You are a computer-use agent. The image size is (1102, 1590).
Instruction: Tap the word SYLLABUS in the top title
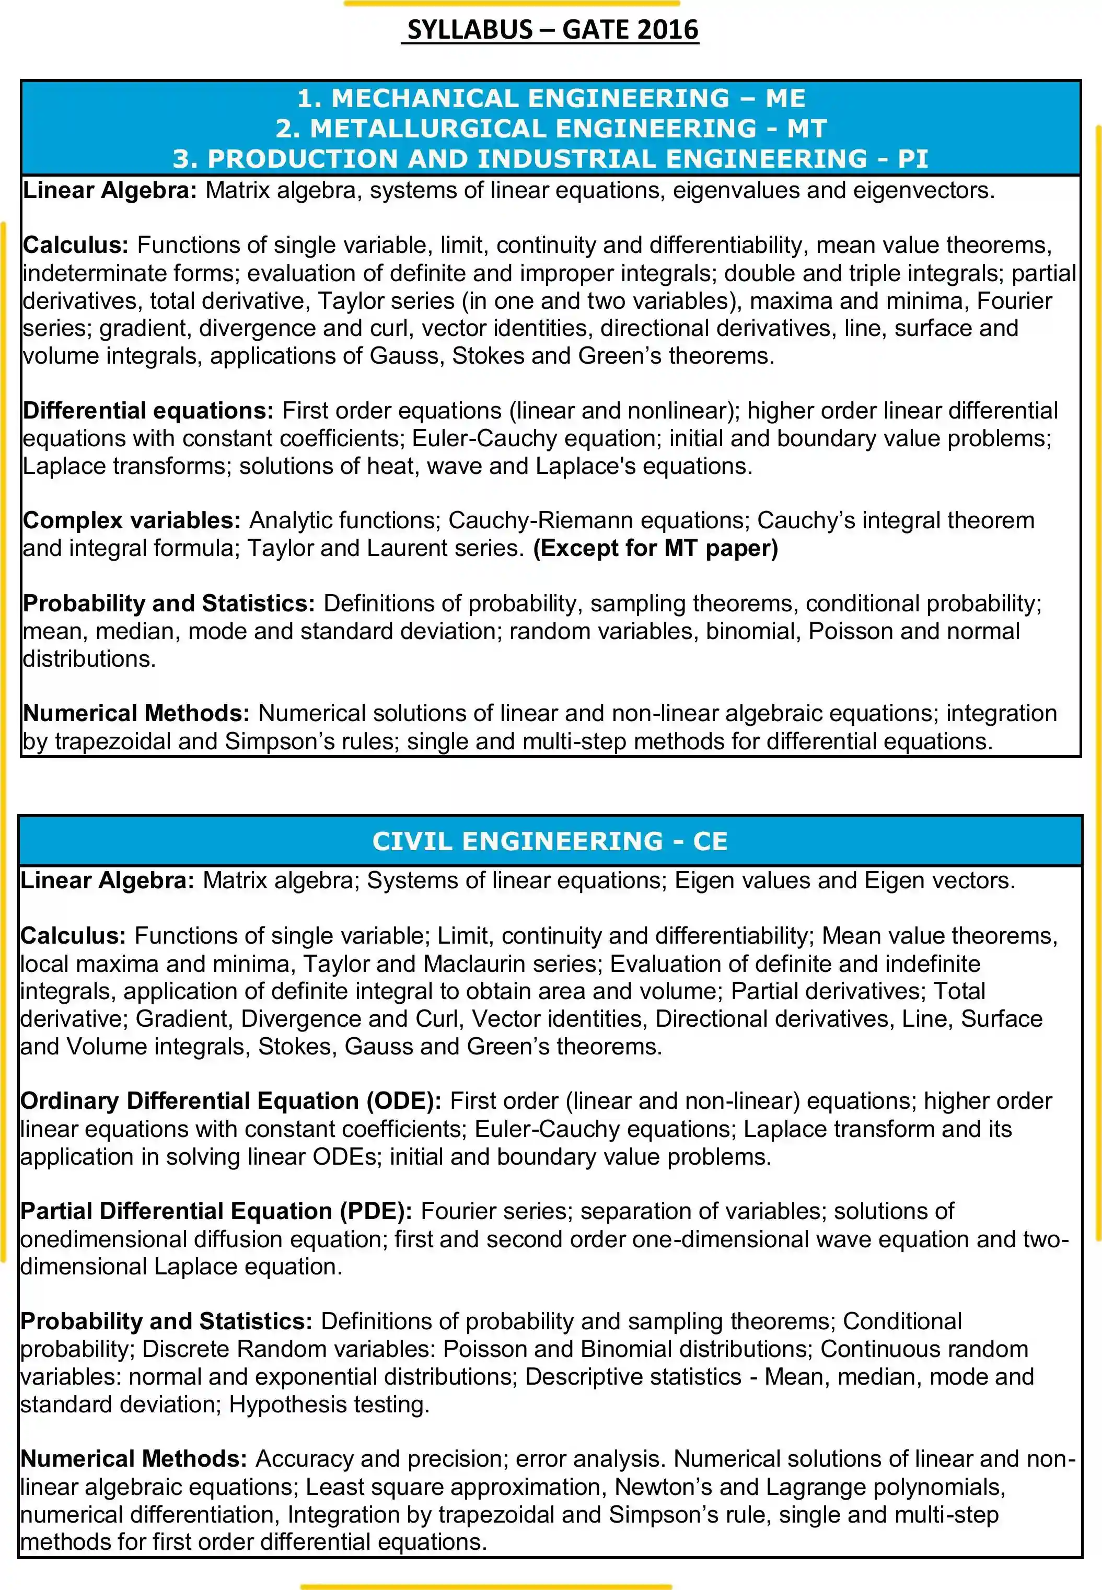coord(470,30)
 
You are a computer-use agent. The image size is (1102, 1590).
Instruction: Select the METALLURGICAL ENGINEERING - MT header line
coord(550,129)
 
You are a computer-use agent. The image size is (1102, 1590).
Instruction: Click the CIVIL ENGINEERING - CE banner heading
coord(550,841)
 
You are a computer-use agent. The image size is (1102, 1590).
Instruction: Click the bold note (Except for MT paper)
coord(655,548)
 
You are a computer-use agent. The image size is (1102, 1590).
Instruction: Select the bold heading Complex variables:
coord(131,520)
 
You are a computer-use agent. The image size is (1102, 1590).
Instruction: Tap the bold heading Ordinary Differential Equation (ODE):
coord(230,1100)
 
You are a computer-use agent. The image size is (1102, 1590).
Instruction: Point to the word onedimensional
coord(103,1239)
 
